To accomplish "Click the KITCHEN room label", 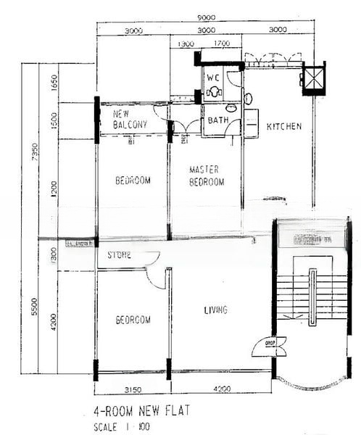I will (x=284, y=127).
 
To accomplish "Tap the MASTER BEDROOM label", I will (x=207, y=176).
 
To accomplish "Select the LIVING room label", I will (x=215, y=310).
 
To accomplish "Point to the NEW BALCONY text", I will (x=130, y=120).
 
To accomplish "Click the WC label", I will (x=212, y=77).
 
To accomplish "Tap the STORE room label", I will (x=120, y=255).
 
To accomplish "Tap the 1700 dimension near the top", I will (x=222, y=44).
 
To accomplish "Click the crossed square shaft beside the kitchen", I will (x=314, y=77).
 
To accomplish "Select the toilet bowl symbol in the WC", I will (x=214, y=92).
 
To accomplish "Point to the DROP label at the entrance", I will (x=269, y=343).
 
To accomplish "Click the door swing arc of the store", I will (x=154, y=275).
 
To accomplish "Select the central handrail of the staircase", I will (x=312, y=297).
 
